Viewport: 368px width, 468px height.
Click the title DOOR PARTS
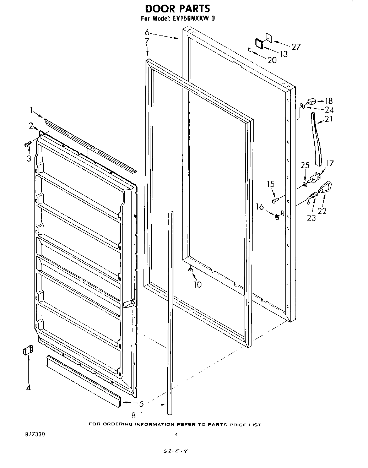178,8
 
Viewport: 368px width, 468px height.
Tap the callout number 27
296,47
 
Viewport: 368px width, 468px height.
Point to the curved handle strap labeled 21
317,138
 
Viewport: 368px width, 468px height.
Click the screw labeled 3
27,144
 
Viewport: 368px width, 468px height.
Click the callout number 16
260,207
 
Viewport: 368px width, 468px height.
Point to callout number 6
147,32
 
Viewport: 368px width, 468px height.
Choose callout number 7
147,41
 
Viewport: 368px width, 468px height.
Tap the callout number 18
329,101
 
